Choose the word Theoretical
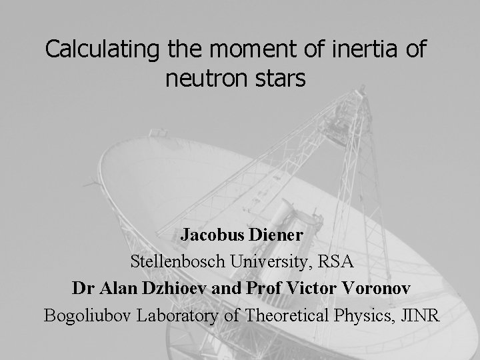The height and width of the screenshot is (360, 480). [x=285, y=315]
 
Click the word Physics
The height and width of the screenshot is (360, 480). [x=364, y=315]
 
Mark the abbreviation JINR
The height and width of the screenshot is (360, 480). [x=420, y=315]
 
